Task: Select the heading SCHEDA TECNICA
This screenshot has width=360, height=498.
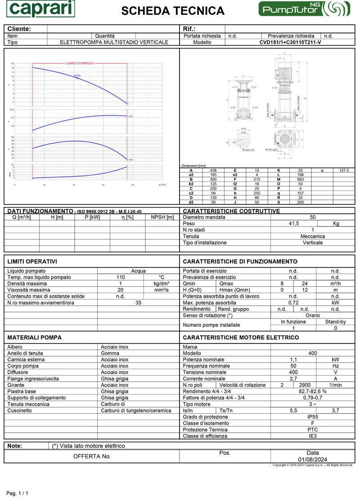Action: point(173,11)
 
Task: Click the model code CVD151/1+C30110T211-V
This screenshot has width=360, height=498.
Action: point(290,42)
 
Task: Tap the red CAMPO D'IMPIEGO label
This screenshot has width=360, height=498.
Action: point(80,63)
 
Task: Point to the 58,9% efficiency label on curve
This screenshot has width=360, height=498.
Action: point(77,75)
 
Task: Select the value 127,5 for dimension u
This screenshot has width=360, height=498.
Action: point(344,170)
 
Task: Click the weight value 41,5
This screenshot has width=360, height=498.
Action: point(294,223)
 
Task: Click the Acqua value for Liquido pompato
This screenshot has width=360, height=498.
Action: point(138,271)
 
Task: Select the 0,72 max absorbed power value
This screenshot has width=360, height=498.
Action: point(293,303)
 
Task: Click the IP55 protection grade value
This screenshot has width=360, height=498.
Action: point(313,417)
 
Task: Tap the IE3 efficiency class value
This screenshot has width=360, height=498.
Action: point(313,436)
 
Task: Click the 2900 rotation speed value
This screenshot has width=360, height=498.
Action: point(305,385)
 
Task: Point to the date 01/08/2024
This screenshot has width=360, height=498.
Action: point(312,459)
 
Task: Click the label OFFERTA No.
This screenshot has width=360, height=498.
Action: point(92,456)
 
